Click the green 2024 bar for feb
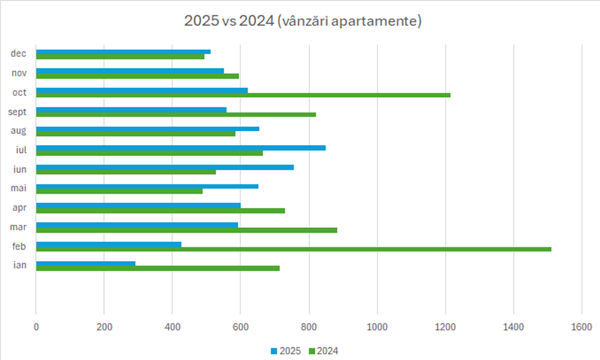pyautogui.click(x=294, y=249)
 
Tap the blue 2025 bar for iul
pyautogui.click(x=181, y=148)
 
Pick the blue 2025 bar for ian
pyautogui.click(x=86, y=263)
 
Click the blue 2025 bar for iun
pyautogui.click(x=165, y=167)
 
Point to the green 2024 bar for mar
pyautogui.click(x=187, y=230)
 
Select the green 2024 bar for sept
pyautogui.click(x=176, y=114)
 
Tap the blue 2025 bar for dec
pyautogui.click(x=123, y=52)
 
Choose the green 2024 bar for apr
pyautogui.click(x=160, y=211)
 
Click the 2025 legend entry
pyautogui.click(x=286, y=351)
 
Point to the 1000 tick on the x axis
pyautogui.click(x=377, y=327)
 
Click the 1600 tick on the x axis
pyautogui.click(x=581, y=327)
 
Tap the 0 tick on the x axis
pyautogui.click(x=36, y=327)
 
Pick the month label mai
pyautogui.click(x=18, y=188)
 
